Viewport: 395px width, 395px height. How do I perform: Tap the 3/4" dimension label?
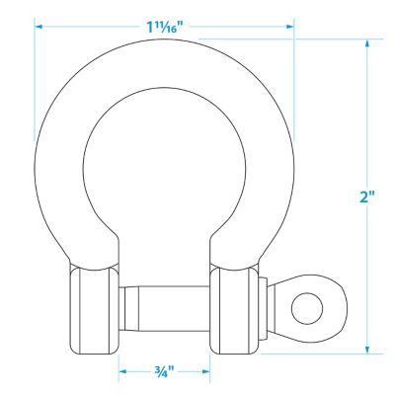tap(164, 372)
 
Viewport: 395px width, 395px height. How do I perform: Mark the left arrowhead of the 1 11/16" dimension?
tap(39, 26)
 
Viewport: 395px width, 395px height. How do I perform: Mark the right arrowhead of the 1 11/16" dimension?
tap(289, 26)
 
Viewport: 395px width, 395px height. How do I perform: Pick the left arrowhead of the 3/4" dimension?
tap(123, 372)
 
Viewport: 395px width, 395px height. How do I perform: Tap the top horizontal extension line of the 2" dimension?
tap(336, 39)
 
